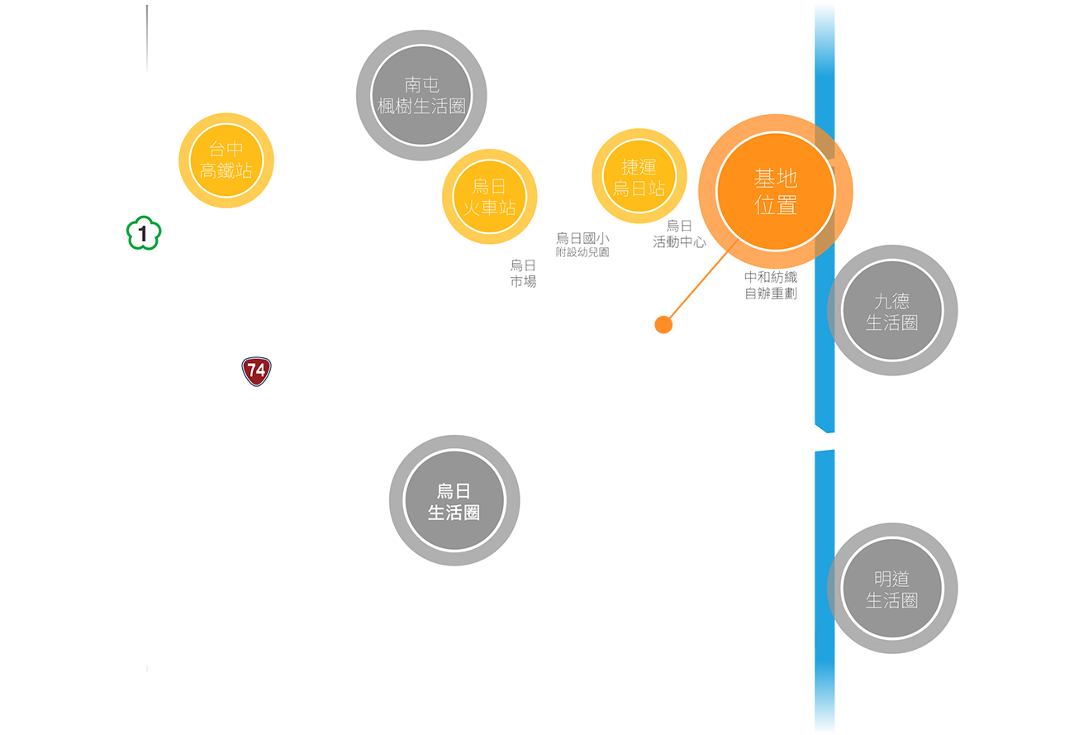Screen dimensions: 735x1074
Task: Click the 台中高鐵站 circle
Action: click(226, 160)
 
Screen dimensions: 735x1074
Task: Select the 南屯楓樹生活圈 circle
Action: click(421, 95)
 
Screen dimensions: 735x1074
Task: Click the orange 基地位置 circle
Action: click(776, 191)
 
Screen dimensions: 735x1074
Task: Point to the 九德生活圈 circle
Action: click(891, 311)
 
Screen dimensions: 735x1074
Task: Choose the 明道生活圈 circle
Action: click(891, 588)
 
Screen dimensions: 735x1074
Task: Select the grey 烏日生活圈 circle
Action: click(454, 501)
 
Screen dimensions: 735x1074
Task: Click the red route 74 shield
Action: click(256, 371)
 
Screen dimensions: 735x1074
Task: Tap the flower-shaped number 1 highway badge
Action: click(144, 233)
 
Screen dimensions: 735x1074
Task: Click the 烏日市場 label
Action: click(523, 273)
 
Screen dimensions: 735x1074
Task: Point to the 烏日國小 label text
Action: click(582, 238)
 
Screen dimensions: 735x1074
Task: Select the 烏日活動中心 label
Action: click(679, 234)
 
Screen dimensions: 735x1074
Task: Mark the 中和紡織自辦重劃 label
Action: click(771, 285)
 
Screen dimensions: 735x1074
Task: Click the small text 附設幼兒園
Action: click(582, 252)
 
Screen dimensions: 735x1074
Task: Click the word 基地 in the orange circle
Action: click(776, 178)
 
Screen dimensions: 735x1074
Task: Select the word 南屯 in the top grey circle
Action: click(421, 84)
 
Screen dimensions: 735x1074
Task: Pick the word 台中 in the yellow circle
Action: click(226, 150)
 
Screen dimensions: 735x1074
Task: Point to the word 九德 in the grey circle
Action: click(891, 301)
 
